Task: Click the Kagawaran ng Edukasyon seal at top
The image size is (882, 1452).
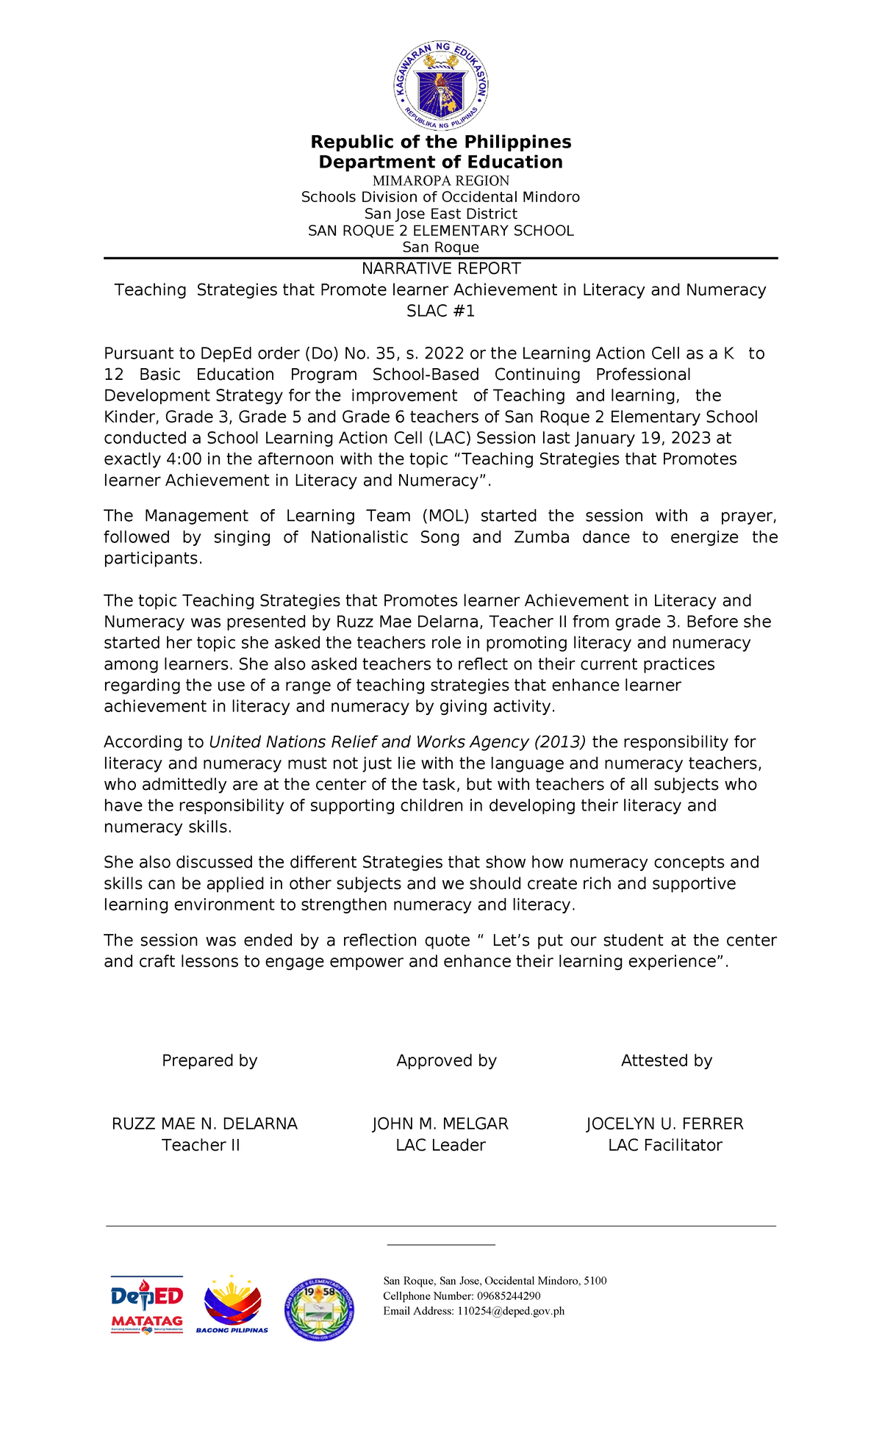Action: click(440, 86)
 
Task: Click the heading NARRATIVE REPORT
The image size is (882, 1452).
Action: click(441, 269)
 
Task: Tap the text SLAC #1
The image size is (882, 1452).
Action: click(441, 312)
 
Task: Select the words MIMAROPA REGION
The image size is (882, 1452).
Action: click(441, 181)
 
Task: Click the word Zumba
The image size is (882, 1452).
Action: click(542, 538)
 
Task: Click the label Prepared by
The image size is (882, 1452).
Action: click(209, 1061)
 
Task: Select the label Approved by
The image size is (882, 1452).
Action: click(446, 1061)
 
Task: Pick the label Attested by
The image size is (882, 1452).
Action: click(667, 1061)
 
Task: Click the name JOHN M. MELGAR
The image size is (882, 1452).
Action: click(440, 1124)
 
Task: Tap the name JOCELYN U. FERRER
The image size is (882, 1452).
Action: click(664, 1124)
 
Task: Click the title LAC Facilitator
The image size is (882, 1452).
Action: click(665, 1146)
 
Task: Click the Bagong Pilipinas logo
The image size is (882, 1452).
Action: click(232, 1306)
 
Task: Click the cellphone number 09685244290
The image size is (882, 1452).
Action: click(509, 1296)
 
